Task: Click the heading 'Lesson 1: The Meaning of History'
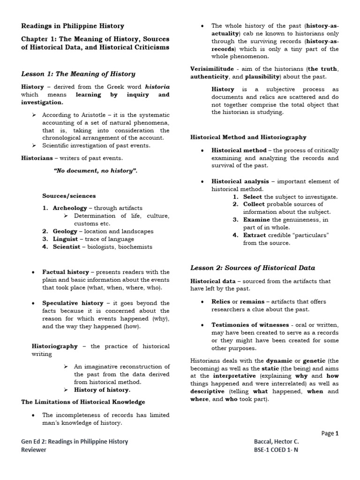(x=78, y=74)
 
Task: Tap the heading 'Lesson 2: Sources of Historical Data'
(x=252, y=268)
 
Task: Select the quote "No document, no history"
(x=96, y=171)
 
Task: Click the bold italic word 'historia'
(x=157, y=87)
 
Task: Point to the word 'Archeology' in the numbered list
(x=70, y=208)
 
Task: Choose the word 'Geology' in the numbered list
(x=65, y=231)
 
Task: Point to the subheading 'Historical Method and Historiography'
(x=248, y=137)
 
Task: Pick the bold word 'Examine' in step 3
(x=256, y=219)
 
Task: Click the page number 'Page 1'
(x=330, y=434)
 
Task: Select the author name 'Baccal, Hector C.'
(x=276, y=442)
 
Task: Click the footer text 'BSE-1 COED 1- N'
(x=276, y=450)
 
